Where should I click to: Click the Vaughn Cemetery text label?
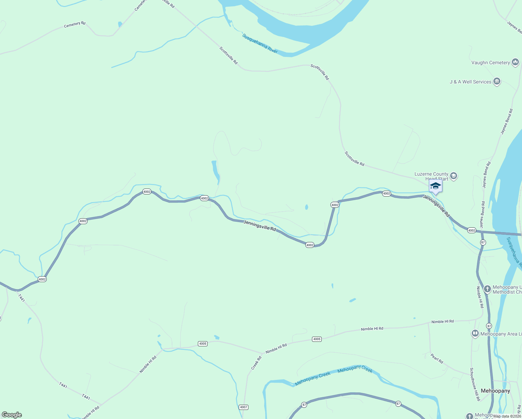(490, 63)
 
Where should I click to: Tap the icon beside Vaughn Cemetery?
(515, 63)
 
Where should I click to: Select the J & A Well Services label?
(470, 82)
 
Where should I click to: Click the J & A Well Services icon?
(497, 82)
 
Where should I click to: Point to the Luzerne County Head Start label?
(431, 176)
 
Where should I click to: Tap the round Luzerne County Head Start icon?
(454, 176)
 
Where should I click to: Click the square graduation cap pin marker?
(435, 186)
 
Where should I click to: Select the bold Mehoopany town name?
(495, 391)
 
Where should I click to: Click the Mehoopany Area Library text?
(501, 334)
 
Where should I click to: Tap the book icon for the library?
(475, 334)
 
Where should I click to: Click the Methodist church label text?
(507, 290)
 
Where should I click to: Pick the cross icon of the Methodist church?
(487, 289)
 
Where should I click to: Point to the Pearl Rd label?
(437, 359)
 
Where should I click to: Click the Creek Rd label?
(256, 363)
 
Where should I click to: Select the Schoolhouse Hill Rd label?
(475, 384)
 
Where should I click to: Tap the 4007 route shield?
(244, 407)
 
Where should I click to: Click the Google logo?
(12, 415)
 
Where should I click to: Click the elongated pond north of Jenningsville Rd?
(215, 172)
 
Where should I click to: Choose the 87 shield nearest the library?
(489, 326)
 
